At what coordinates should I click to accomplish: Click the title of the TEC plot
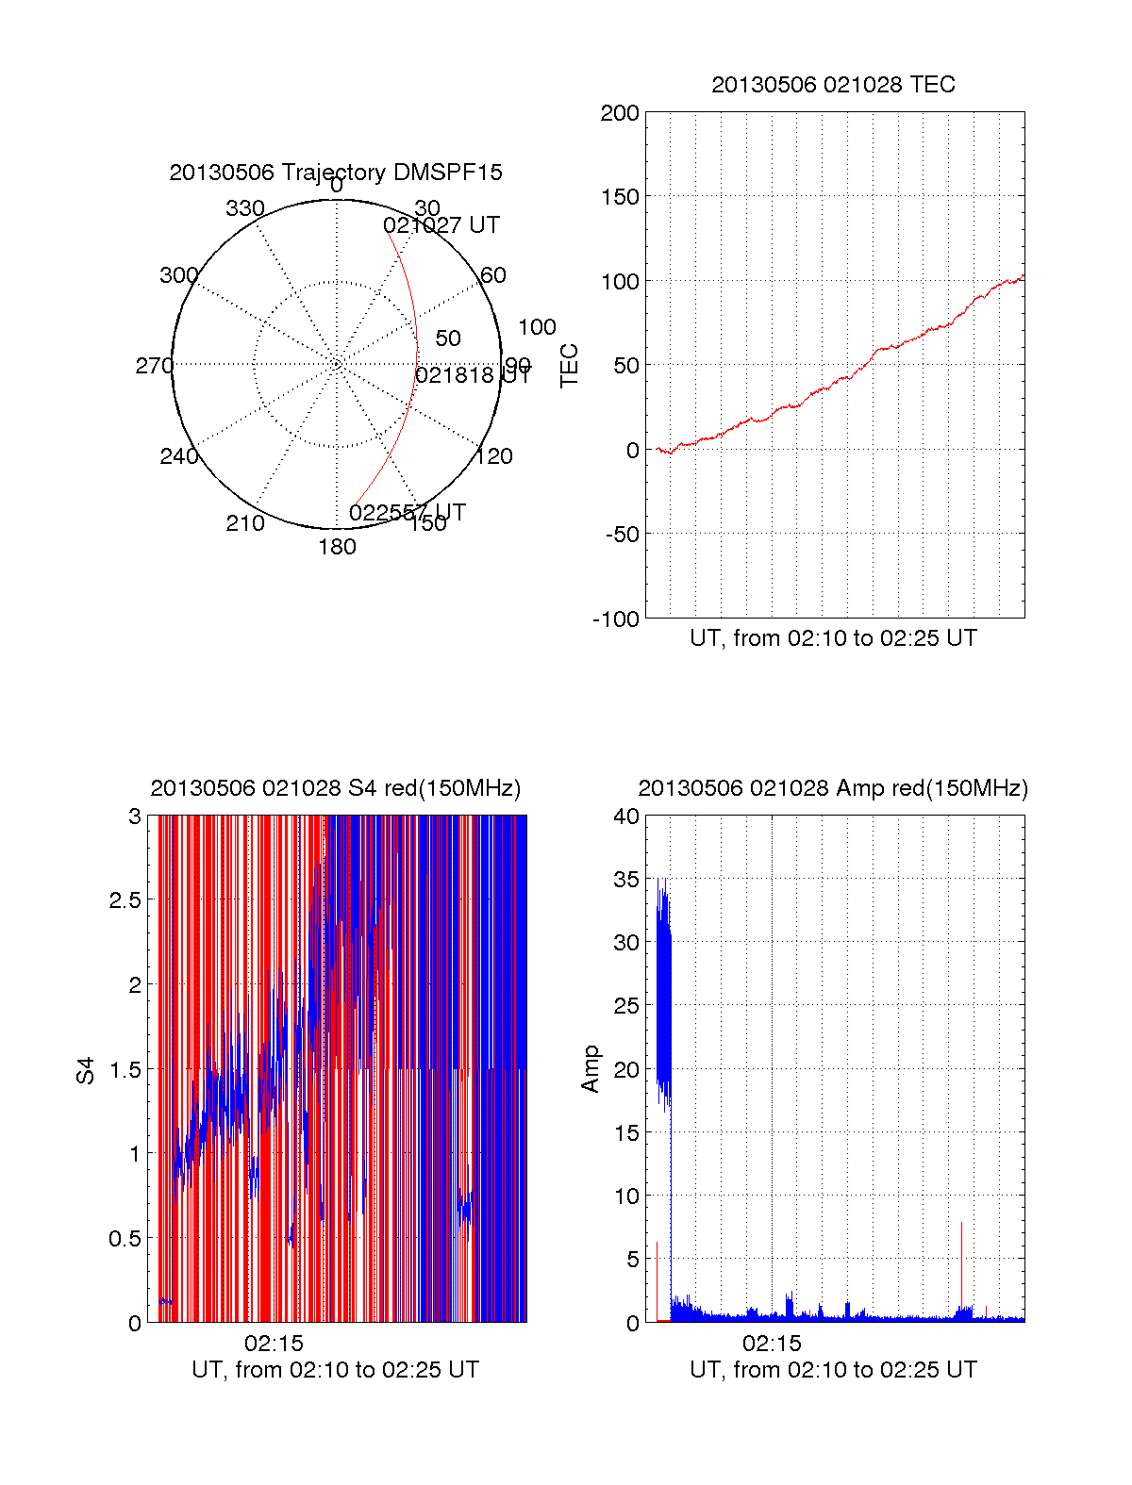click(x=833, y=85)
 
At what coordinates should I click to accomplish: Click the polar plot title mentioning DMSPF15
click(x=336, y=173)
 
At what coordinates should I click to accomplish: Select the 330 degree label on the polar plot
click(x=245, y=208)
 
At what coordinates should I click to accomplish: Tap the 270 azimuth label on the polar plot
click(x=154, y=366)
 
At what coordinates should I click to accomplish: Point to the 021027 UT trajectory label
click(x=441, y=225)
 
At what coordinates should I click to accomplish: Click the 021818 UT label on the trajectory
click(x=474, y=375)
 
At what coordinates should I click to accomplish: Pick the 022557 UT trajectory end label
click(x=408, y=513)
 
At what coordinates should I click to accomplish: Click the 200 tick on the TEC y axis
click(x=620, y=113)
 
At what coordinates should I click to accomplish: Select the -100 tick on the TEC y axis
click(x=616, y=619)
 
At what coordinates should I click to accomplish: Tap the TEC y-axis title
click(x=570, y=366)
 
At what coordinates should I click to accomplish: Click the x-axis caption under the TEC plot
click(x=833, y=638)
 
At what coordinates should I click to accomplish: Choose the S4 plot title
click(x=336, y=788)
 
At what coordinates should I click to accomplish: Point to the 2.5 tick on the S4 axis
click(x=125, y=900)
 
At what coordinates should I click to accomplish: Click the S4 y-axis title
click(x=86, y=1070)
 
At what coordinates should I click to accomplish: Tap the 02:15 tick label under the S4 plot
click(x=274, y=1344)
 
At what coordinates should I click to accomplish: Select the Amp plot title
click(x=833, y=788)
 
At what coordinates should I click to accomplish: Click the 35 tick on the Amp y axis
click(x=626, y=880)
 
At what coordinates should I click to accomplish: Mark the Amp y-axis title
click(x=591, y=1069)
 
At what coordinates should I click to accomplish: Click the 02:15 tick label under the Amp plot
click(x=772, y=1344)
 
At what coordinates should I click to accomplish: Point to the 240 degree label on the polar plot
click(x=179, y=457)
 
